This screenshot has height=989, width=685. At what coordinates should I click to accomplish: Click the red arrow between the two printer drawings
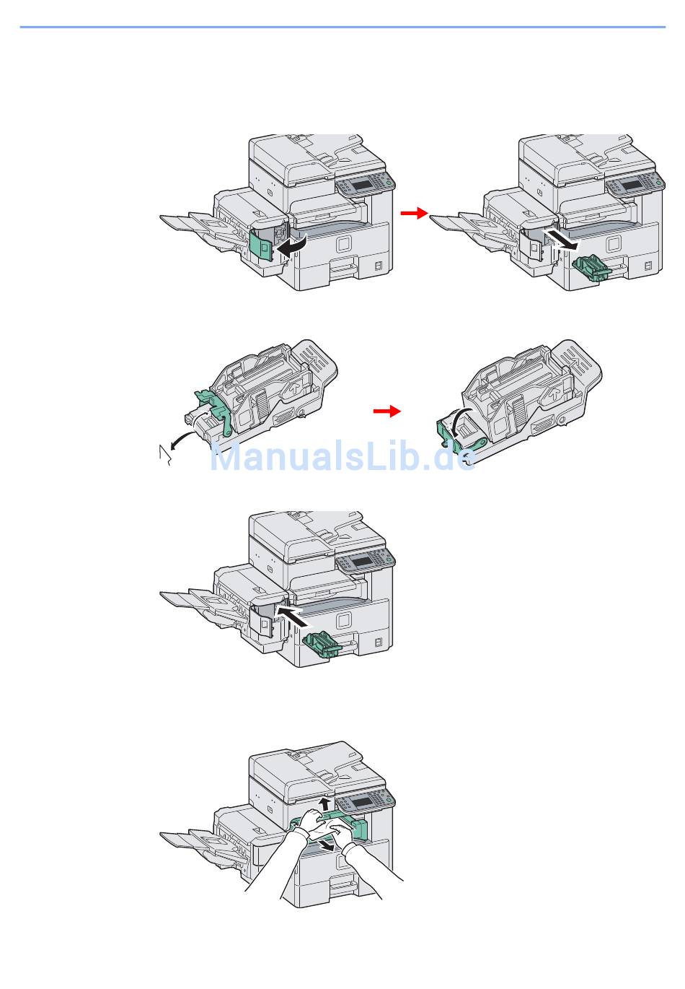(414, 213)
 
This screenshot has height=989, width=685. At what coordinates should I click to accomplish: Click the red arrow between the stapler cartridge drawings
(386, 411)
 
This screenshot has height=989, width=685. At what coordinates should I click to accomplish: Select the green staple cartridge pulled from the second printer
(591, 268)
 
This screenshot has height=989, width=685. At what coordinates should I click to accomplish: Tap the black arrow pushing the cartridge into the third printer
(293, 616)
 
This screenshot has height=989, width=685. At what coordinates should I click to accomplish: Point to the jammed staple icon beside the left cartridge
(164, 456)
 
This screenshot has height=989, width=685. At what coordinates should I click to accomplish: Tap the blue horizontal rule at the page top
(342, 27)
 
